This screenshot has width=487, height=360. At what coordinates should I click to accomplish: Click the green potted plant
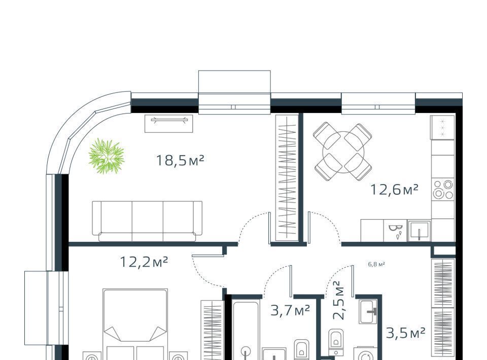[x=106, y=156]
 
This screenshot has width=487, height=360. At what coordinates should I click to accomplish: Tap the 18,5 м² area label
[x=180, y=160]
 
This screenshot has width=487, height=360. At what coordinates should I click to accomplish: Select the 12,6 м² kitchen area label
[x=395, y=189]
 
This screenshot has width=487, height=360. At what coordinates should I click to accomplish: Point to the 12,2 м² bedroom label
[x=144, y=262]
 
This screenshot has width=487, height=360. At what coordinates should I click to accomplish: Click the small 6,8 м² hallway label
[x=376, y=264]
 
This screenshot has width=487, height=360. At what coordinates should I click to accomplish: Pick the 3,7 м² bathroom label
[x=290, y=310]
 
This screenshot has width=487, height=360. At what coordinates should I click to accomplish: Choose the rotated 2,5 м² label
[x=338, y=300]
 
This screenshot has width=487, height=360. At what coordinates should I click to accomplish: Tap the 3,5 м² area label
[x=406, y=333]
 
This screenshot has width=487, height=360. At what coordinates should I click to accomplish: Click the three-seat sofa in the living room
[x=147, y=221]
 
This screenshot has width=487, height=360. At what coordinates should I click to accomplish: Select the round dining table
[x=343, y=152]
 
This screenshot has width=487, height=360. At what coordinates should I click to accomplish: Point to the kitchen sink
[x=419, y=231]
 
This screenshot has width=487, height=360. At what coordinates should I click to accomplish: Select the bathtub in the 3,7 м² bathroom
[x=246, y=330]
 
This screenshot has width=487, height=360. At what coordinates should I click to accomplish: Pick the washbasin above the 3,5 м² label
[x=368, y=312]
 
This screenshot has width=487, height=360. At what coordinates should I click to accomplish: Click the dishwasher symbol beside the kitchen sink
[x=395, y=231]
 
